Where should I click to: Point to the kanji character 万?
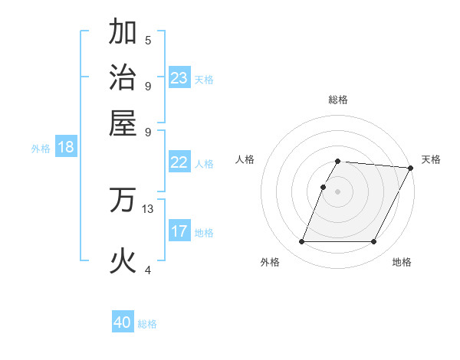coord(123,200)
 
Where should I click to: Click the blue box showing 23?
coord(179,78)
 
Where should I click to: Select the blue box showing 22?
coord(179,162)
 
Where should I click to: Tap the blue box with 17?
coord(179,231)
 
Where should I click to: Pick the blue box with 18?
coord(66,147)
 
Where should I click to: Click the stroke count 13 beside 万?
coord(148,208)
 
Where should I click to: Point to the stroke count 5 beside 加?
coord(148,41)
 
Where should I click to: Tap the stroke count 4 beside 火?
coord(148,270)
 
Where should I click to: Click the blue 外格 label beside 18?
coord(41,149)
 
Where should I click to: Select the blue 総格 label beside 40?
coord(147,324)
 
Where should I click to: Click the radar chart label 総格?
coord(338,100)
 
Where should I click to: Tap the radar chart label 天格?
coord(432,159)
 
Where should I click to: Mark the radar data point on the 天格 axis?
coord(410,168)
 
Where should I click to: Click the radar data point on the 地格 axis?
coord(374,242)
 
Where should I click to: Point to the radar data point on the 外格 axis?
coord(301,242)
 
